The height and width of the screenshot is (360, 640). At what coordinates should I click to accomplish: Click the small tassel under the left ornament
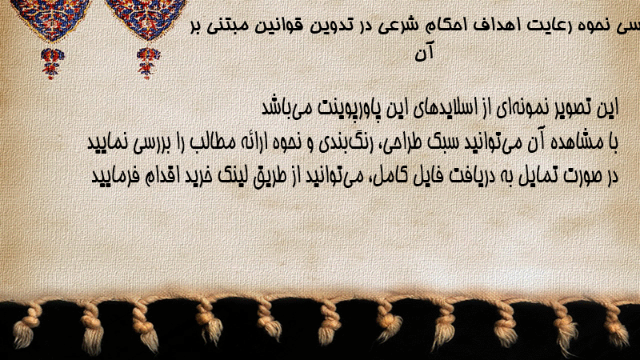(x=52, y=64)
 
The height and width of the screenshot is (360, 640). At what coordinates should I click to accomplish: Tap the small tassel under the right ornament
(x=148, y=63)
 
